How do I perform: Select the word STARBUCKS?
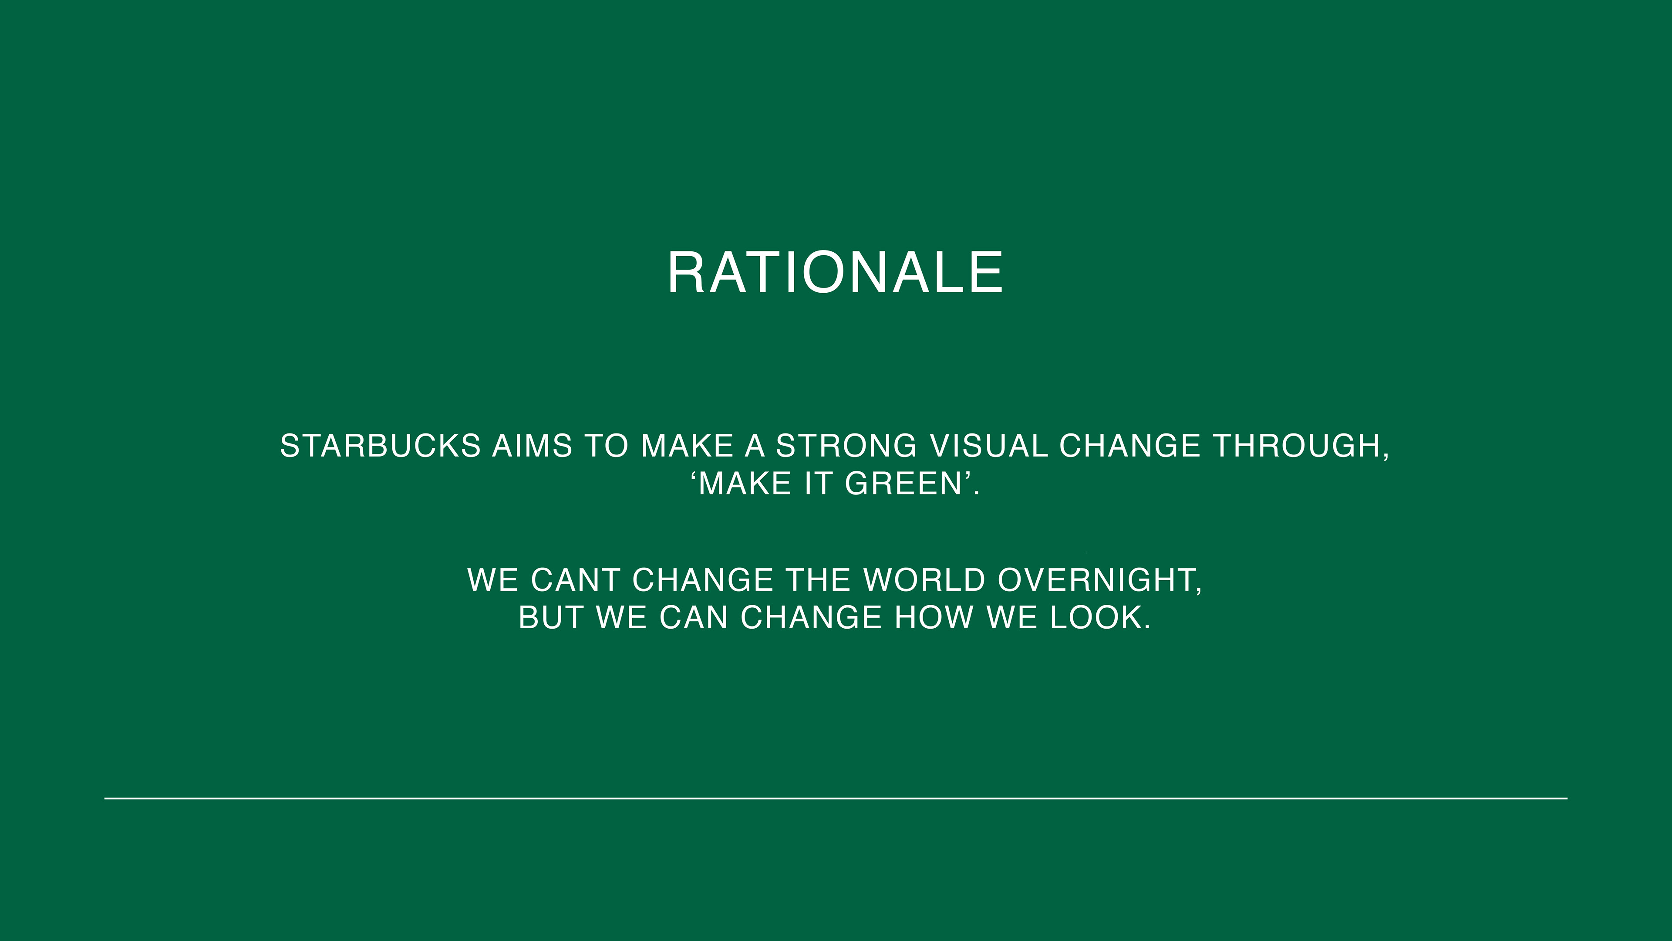click(381, 446)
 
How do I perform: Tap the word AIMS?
click(532, 446)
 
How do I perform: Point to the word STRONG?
click(846, 446)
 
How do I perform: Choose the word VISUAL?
click(988, 446)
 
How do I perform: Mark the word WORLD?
click(924, 580)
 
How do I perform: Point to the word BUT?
click(550, 618)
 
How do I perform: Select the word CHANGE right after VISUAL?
click(1130, 446)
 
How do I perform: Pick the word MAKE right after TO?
click(687, 446)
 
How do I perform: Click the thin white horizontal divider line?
click(836, 798)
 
